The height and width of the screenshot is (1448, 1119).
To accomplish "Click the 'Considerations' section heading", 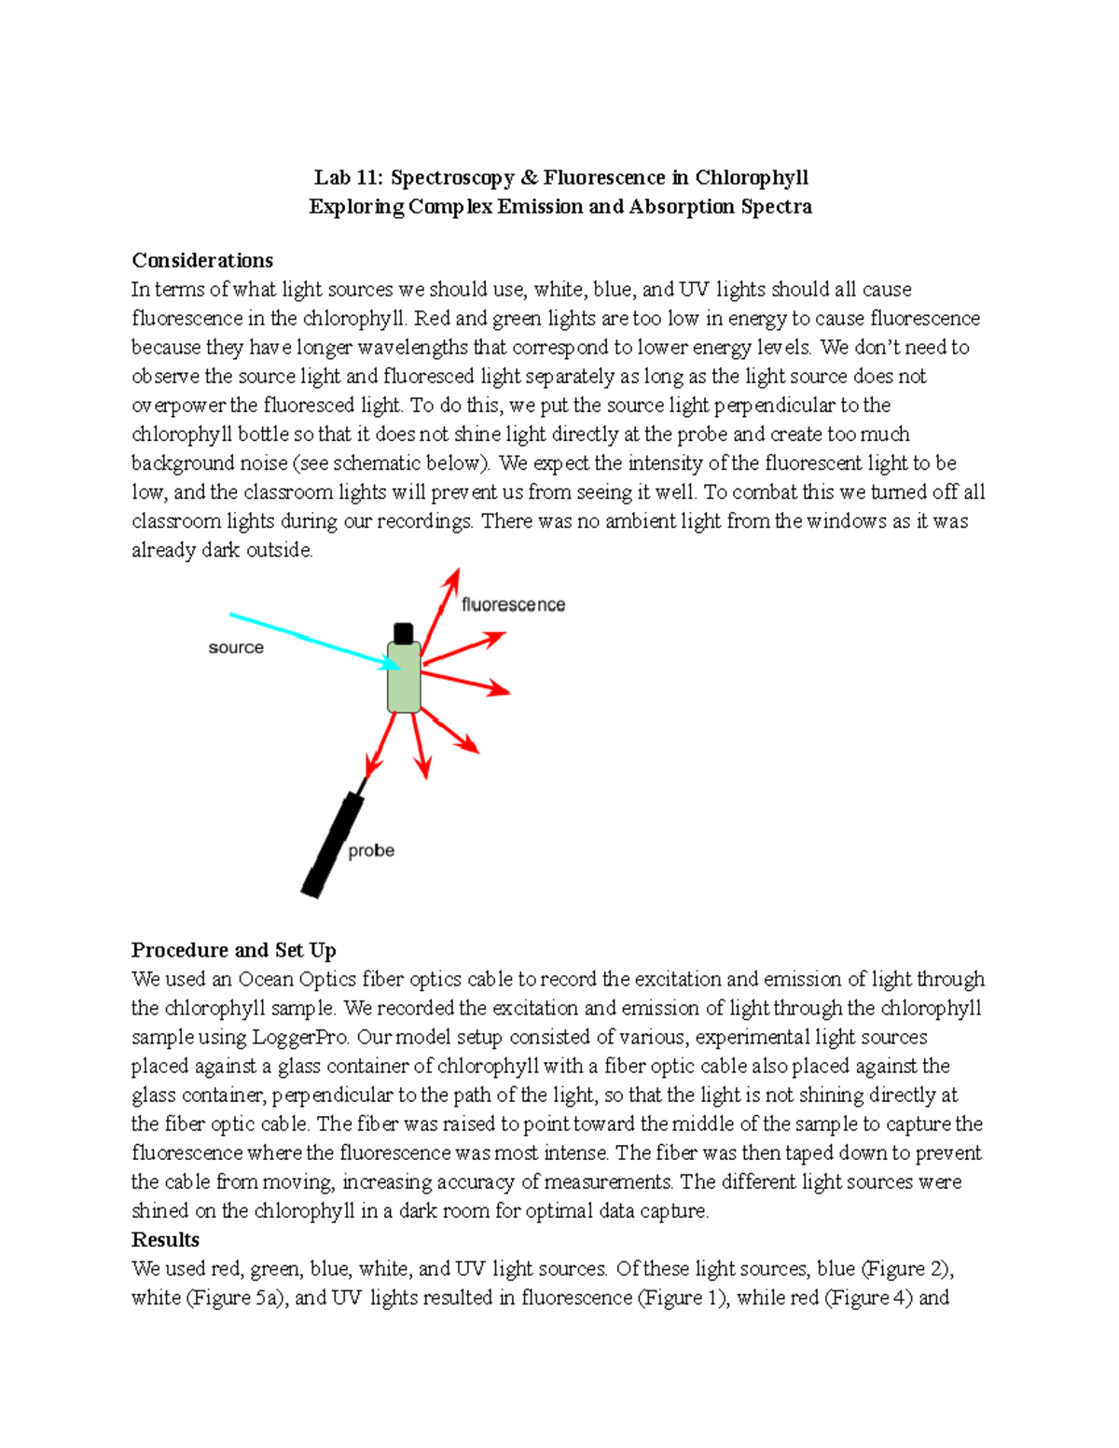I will [x=202, y=260].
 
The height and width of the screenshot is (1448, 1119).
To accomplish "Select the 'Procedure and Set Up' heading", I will [x=233, y=950].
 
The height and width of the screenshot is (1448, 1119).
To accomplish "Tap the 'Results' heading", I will [x=165, y=1239].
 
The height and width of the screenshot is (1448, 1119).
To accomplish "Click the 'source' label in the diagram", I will [x=236, y=647].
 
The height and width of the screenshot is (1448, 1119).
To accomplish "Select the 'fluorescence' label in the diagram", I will [x=513, y=604].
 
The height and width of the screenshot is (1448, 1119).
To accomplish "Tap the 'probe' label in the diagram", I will [x=370, y=850].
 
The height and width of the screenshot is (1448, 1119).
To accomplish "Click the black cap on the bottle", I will [x=403, y=633].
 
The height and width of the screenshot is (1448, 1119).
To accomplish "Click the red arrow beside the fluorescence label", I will [x=440, y=606].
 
